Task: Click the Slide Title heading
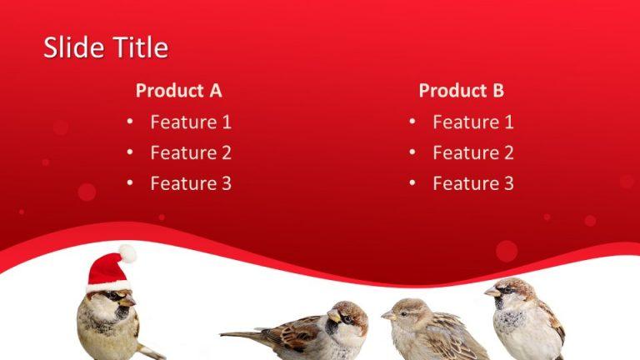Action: [x=105, y=47]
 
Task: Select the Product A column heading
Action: [x=178, y=90]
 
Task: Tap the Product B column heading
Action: [x=461, y=90]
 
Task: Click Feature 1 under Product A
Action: [x=191, y=122]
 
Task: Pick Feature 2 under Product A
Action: [x=191, y=152]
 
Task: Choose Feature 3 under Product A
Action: [x=191, y=183]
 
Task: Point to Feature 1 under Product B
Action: [x=473, y=122]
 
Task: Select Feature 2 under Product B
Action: [x=473, y=152]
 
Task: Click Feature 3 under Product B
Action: [x=473, y=183]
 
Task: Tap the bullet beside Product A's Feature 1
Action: [x=130, y=122]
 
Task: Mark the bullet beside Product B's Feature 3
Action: [x=412, y=183]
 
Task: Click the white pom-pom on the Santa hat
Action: [x=127, y=252]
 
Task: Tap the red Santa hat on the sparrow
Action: [x=107, y=271]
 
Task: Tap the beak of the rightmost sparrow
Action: [x=492, y=292]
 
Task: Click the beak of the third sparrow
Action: [x=387, y=316]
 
